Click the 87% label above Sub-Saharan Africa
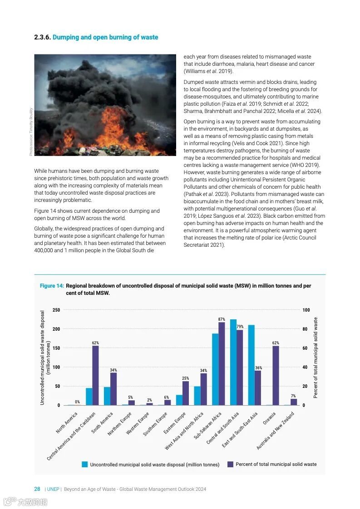[x=222, y=319]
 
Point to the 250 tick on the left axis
[x=56, y=310]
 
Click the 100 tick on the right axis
[x=306, y=310]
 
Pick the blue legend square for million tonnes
[x=84, y=464]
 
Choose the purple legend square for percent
[x=230, y=464]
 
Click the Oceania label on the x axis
[x=269, y=418]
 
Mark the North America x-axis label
[x=67, y=422]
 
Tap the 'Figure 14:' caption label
[x=52, y=286]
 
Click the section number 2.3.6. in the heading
[x=43, y=37]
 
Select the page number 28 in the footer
[x=37, y=489]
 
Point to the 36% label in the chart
[x=258, y=368]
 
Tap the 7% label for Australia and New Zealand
[x=293, y=396]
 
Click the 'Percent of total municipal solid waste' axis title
[x=316, y=357]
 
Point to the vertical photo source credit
[x=31, y=132]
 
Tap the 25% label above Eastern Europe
[x=185, y=378]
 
